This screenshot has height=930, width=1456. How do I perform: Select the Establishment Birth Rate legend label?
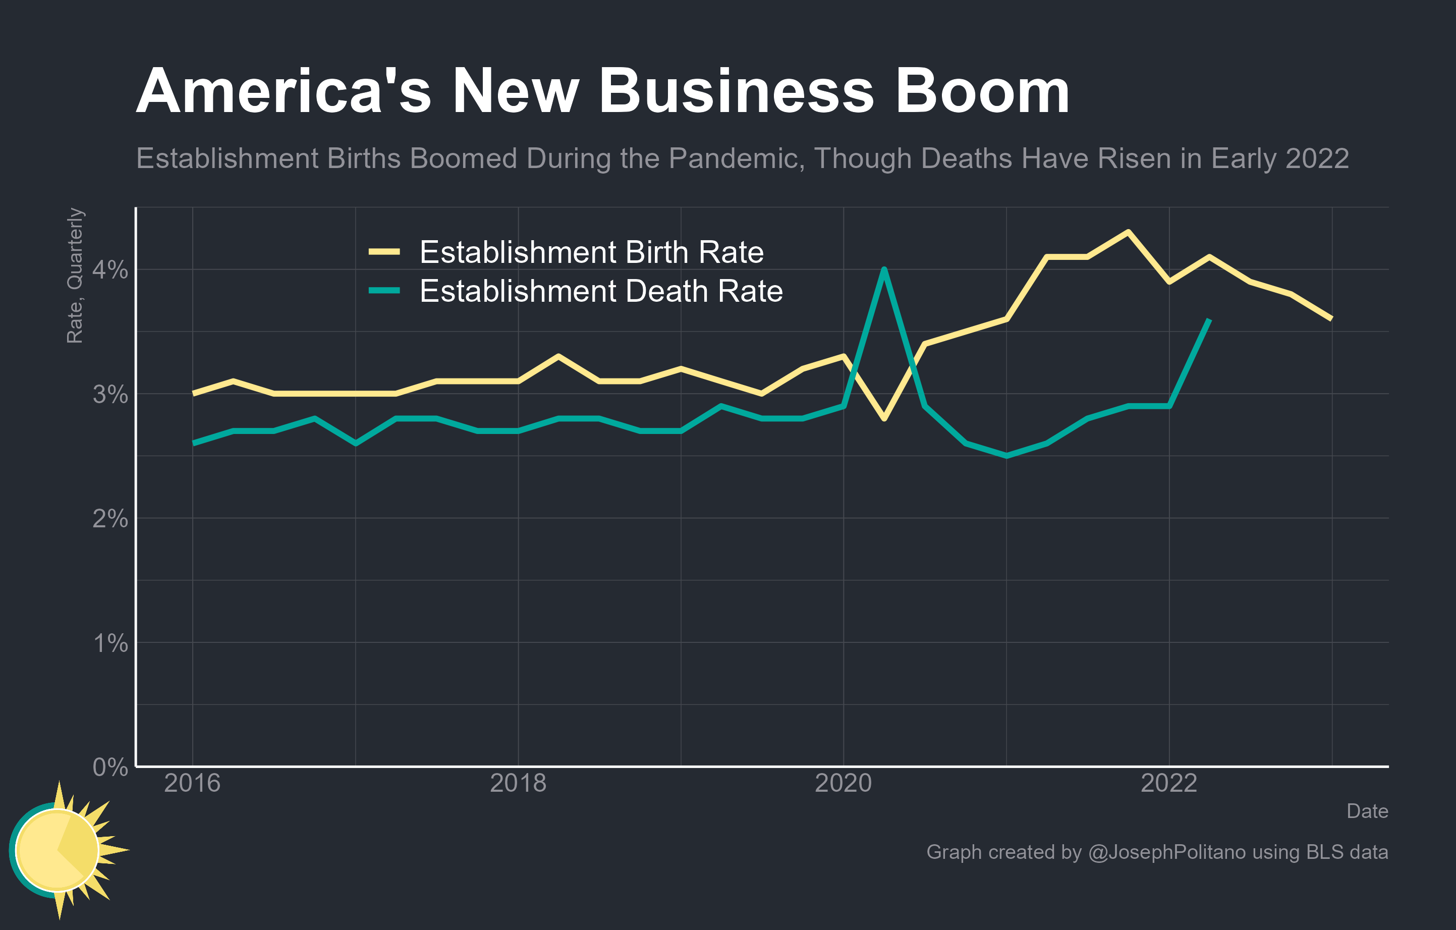[x=591, y=252]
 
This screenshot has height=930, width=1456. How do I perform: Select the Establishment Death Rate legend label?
[x=600, y=292]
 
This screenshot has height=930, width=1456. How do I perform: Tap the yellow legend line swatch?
[x=384, y=251]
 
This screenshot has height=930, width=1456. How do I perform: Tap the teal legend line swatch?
[x=384, y=291]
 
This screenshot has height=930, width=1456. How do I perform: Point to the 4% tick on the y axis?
[x=110, y=269]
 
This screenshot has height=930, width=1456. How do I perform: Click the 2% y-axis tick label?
[x=110, y=519]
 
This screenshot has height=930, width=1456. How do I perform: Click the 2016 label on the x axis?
[x=192, y=784]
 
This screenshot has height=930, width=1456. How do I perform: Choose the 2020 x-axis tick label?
[x=843, y=784]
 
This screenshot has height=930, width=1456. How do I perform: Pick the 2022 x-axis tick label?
[x=1168, y=784]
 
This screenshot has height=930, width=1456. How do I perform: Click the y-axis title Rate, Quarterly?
[x=75, y=276]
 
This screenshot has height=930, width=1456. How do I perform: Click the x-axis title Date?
[x=1367, y=811]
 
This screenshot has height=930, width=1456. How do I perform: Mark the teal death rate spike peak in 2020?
[x=884, y=269]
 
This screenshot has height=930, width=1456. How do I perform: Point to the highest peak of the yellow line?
[x=1128, y=232]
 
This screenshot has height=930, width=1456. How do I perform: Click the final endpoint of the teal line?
[x=1209, y=320]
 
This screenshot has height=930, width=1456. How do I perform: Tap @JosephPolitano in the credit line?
[x=1166, y=852]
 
